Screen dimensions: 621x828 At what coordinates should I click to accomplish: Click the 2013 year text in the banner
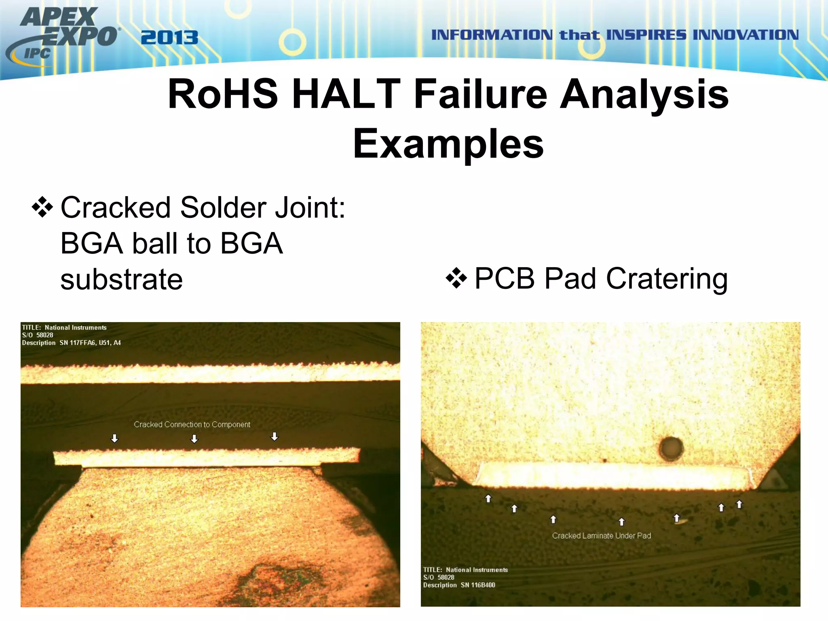click(x=169, y=38)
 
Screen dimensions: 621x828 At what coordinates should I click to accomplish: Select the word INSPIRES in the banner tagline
click(x=646, y=35)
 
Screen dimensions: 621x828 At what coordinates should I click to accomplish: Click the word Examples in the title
click(x=448, y=144)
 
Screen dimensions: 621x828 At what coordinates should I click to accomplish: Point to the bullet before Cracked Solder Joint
click(x=42, y=208)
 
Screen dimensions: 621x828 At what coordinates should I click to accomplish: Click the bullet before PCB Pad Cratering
click(x=456, y=279)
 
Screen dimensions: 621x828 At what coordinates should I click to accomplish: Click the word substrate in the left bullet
click(x=121, y=279)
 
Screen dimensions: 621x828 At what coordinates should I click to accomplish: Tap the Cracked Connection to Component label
click(x=192, y=425)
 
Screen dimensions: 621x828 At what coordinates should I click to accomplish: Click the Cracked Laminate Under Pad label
click(x=602, y=536)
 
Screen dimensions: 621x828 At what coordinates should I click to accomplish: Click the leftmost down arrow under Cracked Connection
click(x=115, y=439)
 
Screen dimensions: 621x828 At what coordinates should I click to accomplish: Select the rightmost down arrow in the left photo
click(x=275, y=436)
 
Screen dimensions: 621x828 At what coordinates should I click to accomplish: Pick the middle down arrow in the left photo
click(x=194, y=439)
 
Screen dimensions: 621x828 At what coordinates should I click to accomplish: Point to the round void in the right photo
click(x=671, y=448)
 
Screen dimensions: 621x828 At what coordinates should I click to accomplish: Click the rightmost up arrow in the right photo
click(x=739, y=504)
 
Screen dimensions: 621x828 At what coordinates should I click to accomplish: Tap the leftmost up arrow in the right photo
click(x=488, y=498)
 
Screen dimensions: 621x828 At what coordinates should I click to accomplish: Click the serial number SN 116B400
click(x=478, y=585)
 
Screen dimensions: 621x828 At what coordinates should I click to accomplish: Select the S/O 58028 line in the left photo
click(x=38, y=335)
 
